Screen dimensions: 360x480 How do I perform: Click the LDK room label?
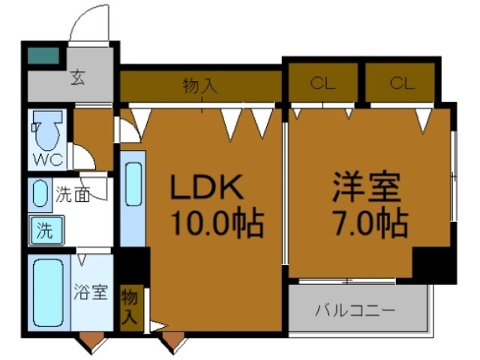[205, 188]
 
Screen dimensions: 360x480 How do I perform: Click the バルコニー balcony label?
[354, 310]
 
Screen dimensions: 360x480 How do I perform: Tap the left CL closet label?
[322, 83]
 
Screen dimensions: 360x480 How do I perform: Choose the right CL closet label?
[401, 83]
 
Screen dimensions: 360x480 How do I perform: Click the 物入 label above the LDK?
[200, 87]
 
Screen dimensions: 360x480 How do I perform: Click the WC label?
[46, 160]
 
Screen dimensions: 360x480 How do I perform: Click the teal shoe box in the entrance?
[43, 55]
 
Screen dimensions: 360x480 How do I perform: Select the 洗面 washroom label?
[73, 194]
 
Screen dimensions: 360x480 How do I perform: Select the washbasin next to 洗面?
[40, 194]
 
